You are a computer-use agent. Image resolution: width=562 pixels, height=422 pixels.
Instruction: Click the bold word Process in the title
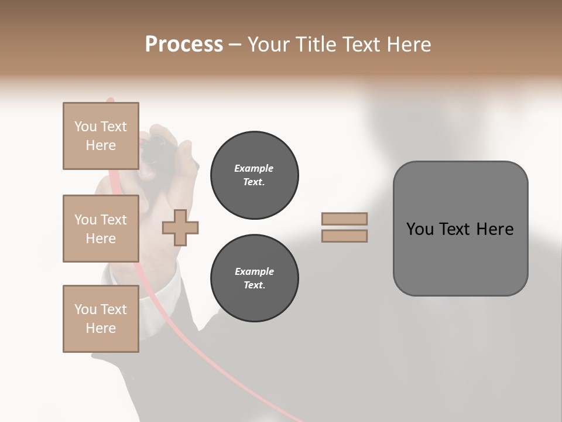tap(184, 45)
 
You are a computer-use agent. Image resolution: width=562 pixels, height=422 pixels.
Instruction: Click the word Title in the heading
tap(314, 45)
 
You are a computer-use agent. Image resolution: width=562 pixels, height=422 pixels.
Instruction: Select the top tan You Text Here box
tap(101, 136)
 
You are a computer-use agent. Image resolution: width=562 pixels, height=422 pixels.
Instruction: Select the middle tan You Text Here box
tap(101, 229)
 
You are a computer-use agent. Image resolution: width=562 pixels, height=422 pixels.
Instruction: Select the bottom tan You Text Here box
tap(101, 319)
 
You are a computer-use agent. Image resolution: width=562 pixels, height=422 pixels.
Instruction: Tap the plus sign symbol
tap(180, 228)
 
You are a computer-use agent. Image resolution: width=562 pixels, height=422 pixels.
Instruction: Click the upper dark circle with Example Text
tap(254, 175)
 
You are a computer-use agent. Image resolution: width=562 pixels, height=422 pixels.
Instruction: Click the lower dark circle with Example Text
tap(254, 278)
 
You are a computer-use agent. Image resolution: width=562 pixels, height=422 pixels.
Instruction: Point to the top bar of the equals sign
tap(344, 219)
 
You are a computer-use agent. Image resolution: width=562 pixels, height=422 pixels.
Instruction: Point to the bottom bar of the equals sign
tap(344, 236)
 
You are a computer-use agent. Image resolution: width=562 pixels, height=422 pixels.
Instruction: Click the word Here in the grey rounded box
tap(495, 229)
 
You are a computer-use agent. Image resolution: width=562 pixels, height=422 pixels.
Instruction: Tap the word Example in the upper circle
tap(254, 168)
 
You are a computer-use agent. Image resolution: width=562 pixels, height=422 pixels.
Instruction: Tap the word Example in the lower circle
tap(254, 271)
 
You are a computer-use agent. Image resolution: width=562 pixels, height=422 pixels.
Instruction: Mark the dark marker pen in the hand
tap(157, 152)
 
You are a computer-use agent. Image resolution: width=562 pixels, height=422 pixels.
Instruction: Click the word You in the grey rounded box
tap(420, 229)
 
